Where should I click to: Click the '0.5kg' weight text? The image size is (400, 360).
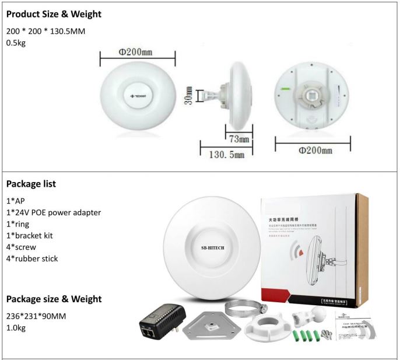pyautogui.click(x=17, y=43)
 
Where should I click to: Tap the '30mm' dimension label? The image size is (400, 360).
pyautogui.click(x=188, y=95)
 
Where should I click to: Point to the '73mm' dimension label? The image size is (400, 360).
pyautogui.click(x=238, y=139)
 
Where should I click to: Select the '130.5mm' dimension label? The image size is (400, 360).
pyautogui.click(x=227, y=155)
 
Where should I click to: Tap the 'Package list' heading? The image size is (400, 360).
pyautogui.click(x=31, y=184)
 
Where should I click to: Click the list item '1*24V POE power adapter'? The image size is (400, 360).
pyautogui.click(x=54, y=212)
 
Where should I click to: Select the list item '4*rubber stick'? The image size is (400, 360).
pyautogui.click(x=32, y=258)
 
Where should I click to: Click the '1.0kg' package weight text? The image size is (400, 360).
pyautogui.click(x=17, y=328)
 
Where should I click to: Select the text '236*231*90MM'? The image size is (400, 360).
pyautogui.click(x=36, y=317)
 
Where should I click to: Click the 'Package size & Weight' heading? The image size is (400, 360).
pyautogui.click(x=54, y=299)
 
